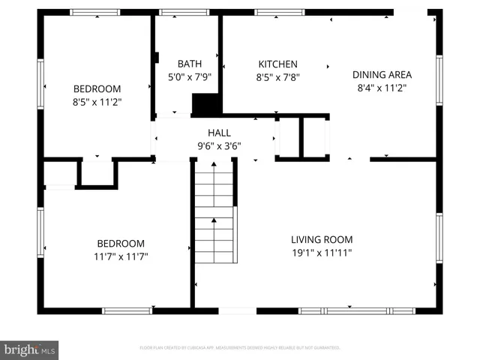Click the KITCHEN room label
(x=278, y=64)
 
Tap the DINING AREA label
(x=382, y=74)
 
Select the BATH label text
(x=189, y=64)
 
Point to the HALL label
(x=219, y=133)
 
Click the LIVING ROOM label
(x=322, y=239)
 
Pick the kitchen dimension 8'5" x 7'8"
(x=278, y=76)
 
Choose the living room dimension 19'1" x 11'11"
(x=322, y=253)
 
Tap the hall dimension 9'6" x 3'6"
(x=219, y=146)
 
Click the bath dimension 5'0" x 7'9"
(x=189, y=76)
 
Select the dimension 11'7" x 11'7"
(x=121, y=256)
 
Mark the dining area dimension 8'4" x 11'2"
(x=382, y=87)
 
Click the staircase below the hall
(x=214, y=217)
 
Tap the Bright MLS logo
(x=29, y=350)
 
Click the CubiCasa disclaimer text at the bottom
(x=240, y=348)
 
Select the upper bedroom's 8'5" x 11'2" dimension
(x=97, y=100)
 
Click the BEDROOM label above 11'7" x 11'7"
(x=121, y=244)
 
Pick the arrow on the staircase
(x=214, y=220)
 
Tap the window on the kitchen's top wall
(x=279, y=12)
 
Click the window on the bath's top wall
(x=184, y=12)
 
